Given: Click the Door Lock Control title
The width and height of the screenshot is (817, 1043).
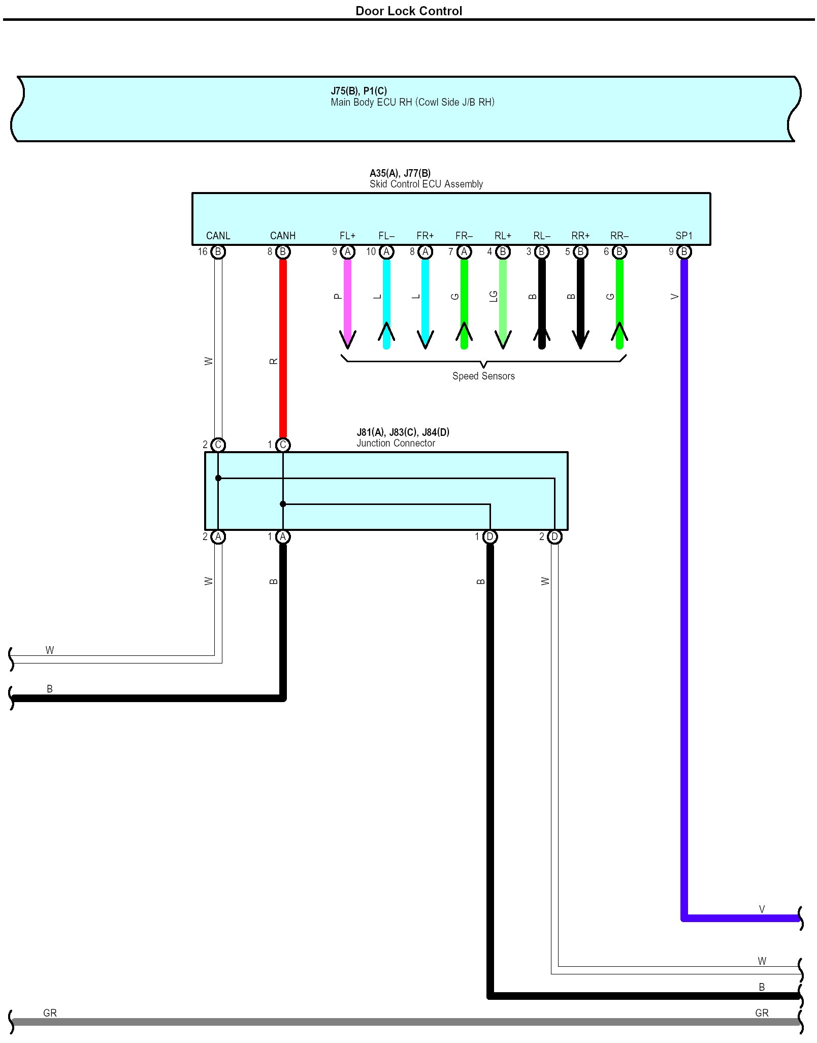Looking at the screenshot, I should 408,11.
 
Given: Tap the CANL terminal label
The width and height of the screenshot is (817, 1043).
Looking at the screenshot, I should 218,236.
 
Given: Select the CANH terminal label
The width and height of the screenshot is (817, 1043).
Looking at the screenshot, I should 282,236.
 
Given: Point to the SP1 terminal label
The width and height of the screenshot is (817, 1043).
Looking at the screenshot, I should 683,236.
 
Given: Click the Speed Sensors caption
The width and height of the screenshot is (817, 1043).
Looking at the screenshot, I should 483,376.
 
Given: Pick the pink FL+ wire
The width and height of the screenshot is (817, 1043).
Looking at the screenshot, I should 347,300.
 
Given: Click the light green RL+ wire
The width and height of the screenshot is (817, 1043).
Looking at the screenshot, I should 503,300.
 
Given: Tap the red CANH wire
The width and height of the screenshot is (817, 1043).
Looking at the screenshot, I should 283,351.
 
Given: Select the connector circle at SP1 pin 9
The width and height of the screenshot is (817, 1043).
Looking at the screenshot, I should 684,251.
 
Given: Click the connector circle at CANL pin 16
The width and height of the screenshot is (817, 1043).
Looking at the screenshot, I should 218,251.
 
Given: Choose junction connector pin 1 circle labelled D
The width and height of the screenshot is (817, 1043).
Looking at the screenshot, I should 490,536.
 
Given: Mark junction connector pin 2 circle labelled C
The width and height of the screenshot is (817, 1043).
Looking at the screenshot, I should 218,445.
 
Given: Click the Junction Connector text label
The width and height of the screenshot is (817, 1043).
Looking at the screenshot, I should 396,443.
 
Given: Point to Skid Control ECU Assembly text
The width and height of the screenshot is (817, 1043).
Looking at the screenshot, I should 426,184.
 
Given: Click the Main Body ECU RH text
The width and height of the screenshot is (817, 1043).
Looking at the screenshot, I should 412,102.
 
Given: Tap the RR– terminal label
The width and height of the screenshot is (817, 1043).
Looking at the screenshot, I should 619,236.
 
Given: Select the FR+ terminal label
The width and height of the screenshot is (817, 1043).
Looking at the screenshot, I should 425,236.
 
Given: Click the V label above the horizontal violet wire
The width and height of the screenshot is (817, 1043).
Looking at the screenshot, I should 762,909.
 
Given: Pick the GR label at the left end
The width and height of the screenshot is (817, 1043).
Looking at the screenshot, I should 50,1013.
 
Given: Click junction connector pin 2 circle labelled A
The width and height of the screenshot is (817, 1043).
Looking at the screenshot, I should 218,536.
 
